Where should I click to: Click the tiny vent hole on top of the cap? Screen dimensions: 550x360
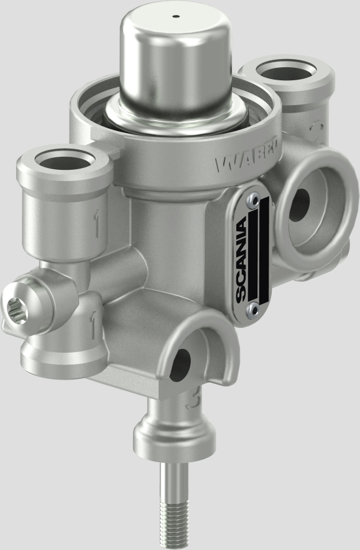176,17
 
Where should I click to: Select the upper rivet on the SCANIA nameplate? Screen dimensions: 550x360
251,199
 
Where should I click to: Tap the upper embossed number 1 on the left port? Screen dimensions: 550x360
97,226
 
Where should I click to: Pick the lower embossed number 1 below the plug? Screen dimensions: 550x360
91,325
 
